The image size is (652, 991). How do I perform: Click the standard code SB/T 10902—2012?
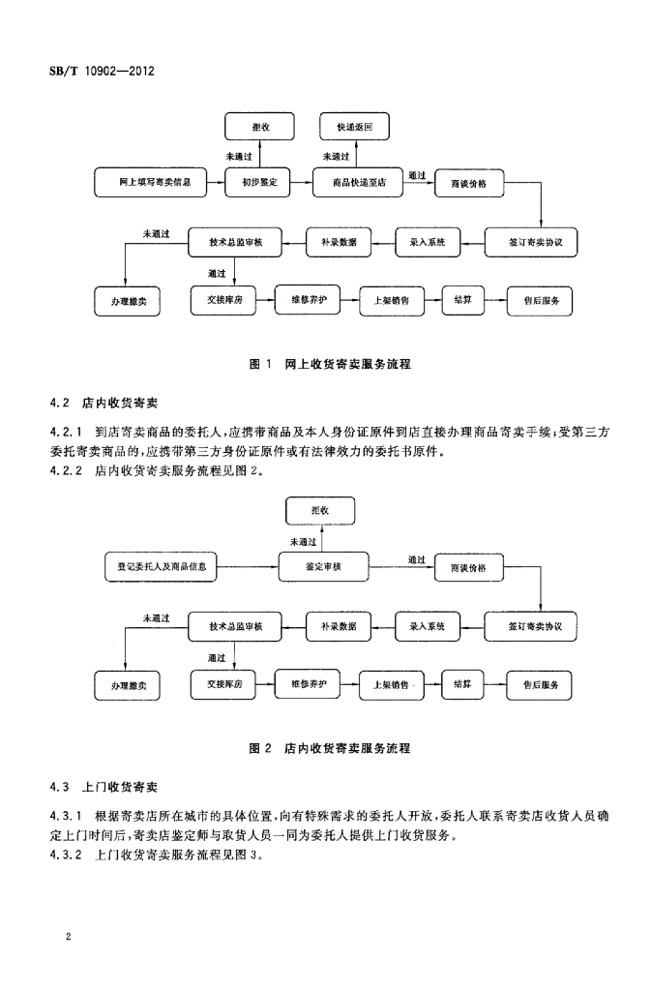pos(102,72)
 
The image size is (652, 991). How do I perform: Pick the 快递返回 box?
pos(355,127)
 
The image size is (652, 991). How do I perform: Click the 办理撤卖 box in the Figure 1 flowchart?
pos(128,301)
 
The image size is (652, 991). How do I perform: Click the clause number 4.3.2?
pos(67,856)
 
